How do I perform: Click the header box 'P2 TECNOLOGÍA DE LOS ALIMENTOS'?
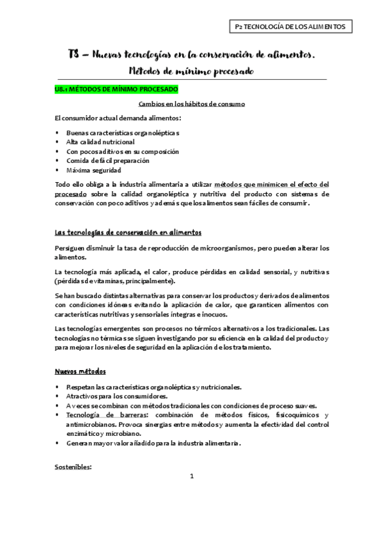click(290, 26)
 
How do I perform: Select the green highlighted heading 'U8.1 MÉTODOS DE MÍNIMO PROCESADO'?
click(116, 90)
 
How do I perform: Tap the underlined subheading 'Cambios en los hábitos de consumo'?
click(192, 104)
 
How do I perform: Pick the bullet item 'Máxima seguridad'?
click(93, 171)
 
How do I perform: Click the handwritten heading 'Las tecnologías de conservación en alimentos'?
click(128, 232)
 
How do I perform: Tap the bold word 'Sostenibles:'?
click(74, 467)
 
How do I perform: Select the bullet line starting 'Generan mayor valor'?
click(153, 443)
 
